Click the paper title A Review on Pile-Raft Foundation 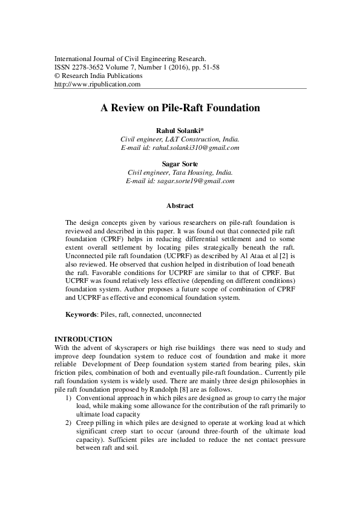(180, 109)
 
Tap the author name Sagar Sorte (180, 164)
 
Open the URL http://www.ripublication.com (97, 85)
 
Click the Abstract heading (180, 206)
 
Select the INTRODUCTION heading (83, 339)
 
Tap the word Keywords (80, 315)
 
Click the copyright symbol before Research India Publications (57, 76)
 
